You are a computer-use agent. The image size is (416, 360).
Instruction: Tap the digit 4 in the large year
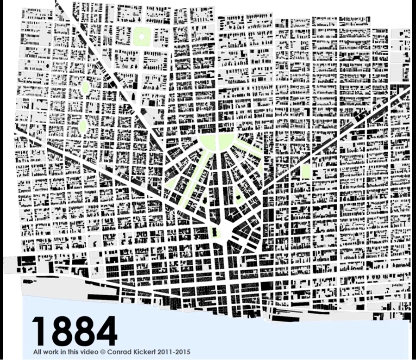[x=104, y=332]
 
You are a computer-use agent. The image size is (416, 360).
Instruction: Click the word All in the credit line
[x=37, y=352]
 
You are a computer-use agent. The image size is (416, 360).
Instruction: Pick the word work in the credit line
[x=50, y=352]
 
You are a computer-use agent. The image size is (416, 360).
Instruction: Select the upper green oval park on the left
[x=85, y=87]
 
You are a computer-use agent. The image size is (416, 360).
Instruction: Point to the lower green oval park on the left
[x=83, y=125]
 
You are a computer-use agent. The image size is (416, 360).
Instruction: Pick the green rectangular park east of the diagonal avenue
[x=305, y=171]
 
